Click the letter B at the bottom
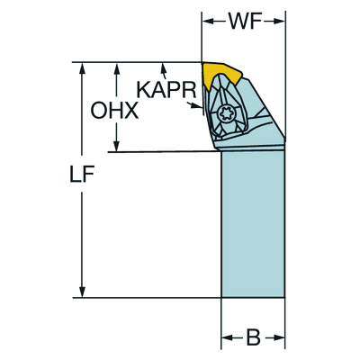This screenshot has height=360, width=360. [254, 337]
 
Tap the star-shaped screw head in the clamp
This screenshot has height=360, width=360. [226, 114]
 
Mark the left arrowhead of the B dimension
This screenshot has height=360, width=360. [226, 337]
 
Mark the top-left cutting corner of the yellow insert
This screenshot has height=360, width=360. [203, 64]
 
